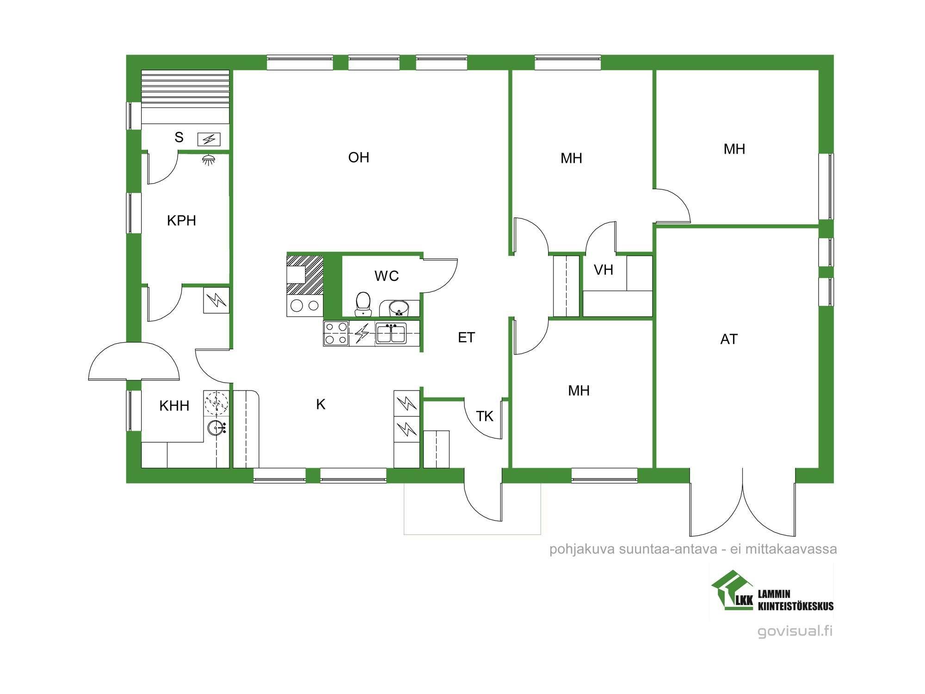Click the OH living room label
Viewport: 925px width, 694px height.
[358, 157]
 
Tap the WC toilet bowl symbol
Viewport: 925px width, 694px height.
[364, 303]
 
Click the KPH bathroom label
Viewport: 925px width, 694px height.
[181, 220]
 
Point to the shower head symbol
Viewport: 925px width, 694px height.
[209, 160]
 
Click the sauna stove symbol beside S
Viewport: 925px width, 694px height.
[209, 139]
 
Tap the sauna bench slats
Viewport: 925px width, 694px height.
[185, 97]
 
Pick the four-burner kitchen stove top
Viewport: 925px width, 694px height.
[336, 333]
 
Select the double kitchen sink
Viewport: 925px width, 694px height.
[391, 333]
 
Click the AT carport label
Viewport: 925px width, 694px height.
[729, 339]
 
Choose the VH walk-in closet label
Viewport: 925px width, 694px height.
[603, 270]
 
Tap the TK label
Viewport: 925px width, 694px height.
[485, 416]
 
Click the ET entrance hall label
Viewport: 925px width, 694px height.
[466, 337]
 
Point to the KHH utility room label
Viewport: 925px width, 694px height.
[174, 406]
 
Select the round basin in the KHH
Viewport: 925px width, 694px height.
[216, 428]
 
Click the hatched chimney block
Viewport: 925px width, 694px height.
[305, 275]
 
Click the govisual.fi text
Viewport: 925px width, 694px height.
[795, 631]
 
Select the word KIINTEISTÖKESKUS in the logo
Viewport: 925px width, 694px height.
[795, 606]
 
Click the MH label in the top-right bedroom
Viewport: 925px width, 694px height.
[734, 149]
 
